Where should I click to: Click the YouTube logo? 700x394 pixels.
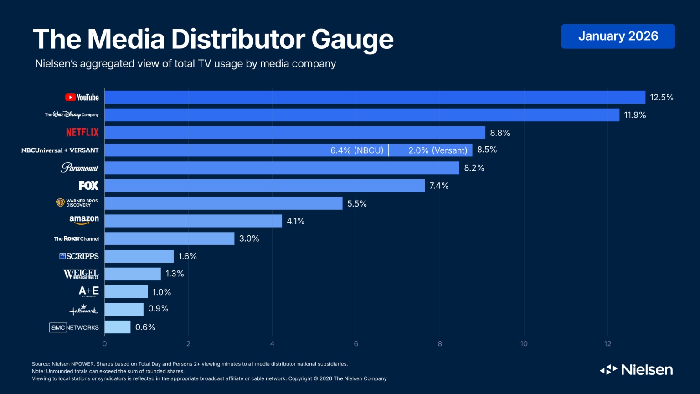click(x=82, y=98)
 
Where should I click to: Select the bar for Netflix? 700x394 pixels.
click(x=295, y=133)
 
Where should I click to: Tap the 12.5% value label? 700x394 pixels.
click(x=661, y=98)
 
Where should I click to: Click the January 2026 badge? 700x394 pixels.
click(x=618, y=36)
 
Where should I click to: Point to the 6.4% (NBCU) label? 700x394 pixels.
click(x=357, y=150)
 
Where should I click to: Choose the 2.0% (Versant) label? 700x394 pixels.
click(x=437, y=150)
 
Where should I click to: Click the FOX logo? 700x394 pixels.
click(x=88, y=186)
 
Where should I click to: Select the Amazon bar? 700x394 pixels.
click(x=193, y=221)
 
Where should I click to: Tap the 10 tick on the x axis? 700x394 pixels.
click(x=524, y=344)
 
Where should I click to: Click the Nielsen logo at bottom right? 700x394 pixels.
click(x=636, y=370)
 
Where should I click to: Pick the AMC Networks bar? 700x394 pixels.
click(x=118, y=327)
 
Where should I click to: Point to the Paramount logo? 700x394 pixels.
click(x=80, y=168)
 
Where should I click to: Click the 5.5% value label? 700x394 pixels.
click(x=357, y=204)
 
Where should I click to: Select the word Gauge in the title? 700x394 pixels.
click(x=352, y=40)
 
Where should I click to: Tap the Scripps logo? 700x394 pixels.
click(x=79, y=256)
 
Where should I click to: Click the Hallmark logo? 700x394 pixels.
click(x=83, y=310)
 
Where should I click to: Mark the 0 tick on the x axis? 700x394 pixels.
click(x=104, y=344)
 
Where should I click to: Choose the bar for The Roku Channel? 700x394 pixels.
click(x=170, y=238)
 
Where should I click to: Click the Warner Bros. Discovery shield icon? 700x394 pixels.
click(x=60, y=202)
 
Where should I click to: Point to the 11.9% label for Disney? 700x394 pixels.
click(x=635, y=115)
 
